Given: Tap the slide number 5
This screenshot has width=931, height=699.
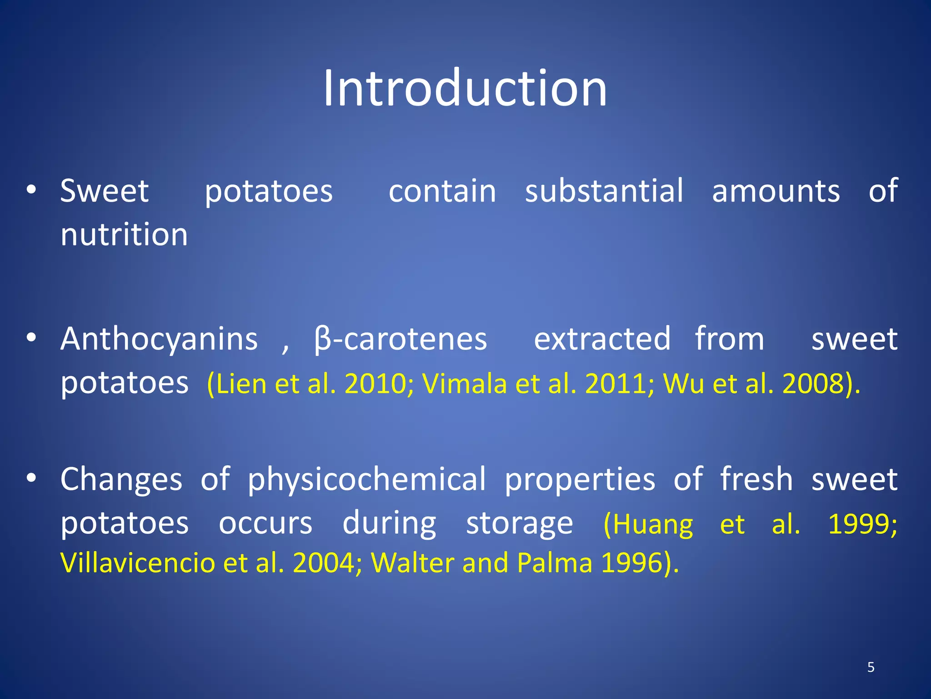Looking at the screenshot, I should tap(871, 667).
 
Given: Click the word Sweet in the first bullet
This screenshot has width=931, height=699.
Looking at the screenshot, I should tap(105, 191).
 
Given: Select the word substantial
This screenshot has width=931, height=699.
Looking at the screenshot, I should tap(604, 191).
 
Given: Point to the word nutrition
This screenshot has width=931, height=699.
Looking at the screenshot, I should tap(124, 235).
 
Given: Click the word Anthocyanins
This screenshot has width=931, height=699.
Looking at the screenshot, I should tap(159, 339).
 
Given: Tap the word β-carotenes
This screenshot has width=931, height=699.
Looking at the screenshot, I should tap(400, 339).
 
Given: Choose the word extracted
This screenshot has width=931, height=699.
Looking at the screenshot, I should tap(602, 339).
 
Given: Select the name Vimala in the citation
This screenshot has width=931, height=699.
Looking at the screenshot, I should tap(464, 384).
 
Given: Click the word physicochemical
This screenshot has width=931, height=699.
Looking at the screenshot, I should tap(367, 479).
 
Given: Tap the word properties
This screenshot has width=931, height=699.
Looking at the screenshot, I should tap(580, 480).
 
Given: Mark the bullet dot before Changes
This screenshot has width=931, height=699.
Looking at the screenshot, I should tap(31, 479).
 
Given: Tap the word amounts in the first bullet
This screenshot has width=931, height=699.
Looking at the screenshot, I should tap(776, 191).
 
